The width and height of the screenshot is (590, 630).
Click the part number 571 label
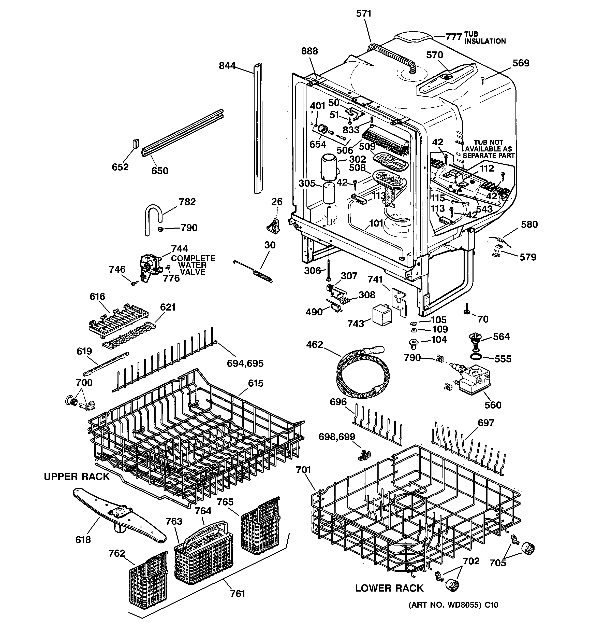(x=364, y=13)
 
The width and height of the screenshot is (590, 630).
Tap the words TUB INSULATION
(x=484, y=38)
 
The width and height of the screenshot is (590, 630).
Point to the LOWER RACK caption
(x=389, y=588)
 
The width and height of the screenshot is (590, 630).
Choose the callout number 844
(x=227, y=66)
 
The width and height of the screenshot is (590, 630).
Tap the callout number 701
(x=303, y=470)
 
